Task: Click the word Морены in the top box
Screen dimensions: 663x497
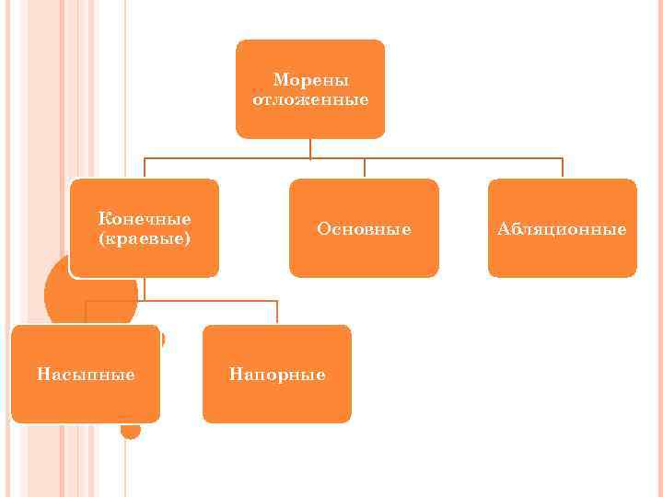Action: tap(310, 81)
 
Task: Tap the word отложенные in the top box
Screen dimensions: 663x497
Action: tap(310, 99)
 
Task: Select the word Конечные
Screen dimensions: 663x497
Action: tap(145, 219)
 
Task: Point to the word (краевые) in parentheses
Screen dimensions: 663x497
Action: tap(145, 238)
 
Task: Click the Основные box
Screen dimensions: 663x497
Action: tap(364, 227)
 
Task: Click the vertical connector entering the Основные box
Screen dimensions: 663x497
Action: tap(364, 168)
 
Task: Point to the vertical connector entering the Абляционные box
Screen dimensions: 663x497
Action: tap(562, 168)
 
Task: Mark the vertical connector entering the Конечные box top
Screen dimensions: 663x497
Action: tap(145, 168)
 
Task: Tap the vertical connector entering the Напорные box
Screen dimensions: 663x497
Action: tap(277, 313)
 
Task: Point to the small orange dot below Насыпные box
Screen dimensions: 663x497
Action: tap(131, 430)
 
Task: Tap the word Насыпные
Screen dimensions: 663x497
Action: tap(86, 375)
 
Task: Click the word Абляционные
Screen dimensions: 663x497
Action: tap(562, 228)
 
